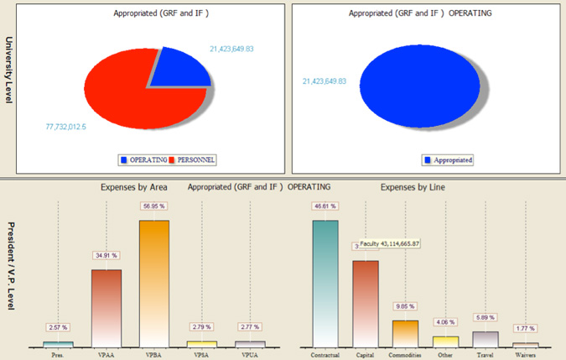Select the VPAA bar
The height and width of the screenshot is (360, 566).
(106, 307)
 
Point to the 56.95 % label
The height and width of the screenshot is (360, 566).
(153, 205)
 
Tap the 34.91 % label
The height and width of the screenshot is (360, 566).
(106, 254)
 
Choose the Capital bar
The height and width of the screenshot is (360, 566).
(365, 302)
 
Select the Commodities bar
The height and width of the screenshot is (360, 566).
(405, 332)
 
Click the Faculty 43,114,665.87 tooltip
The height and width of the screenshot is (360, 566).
(402, 243)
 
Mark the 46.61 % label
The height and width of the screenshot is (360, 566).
(325, 206)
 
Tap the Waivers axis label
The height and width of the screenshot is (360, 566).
(525, 354)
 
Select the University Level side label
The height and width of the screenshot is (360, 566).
(8, 70)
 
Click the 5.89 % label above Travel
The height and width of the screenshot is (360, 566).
(486, 318)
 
